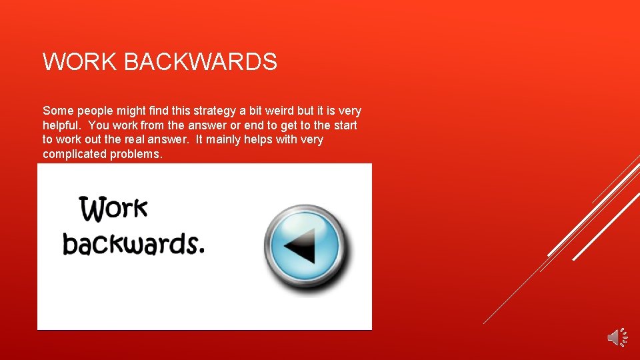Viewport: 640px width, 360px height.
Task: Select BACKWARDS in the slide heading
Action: coord(200,62)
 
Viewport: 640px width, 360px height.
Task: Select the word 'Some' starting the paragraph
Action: coord(55,111)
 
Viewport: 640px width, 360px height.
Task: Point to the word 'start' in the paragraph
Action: coord(345,125)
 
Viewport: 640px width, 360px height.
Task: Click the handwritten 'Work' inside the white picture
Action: coord(113,209)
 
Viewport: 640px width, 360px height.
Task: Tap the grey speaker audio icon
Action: coord(617,337)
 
